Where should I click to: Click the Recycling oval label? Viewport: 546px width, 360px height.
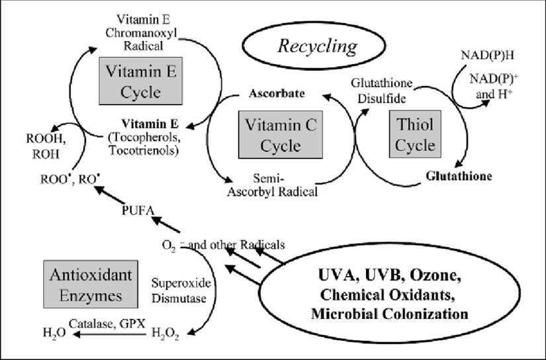tap(318, 47)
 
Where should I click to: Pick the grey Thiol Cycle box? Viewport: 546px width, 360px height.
tap(415, 134)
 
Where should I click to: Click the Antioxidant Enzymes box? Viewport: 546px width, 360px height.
tap(83, 283)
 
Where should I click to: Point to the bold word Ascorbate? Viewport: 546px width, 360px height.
tap(276, 93)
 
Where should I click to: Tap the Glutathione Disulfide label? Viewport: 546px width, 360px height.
tap(383, 91)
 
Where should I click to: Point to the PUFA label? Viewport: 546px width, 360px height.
tap(138, 212)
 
